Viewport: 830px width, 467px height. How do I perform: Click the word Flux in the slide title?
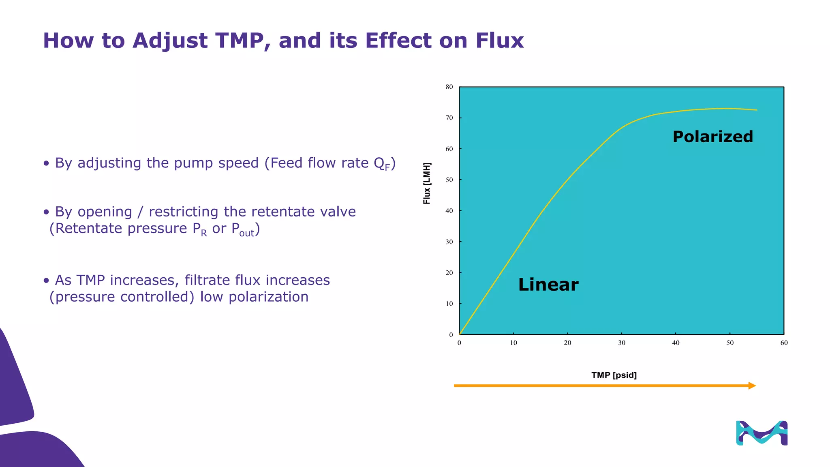pos(499,41)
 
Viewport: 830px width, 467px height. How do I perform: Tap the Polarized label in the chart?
pos(712,137)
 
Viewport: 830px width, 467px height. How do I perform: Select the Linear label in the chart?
pos(548,285)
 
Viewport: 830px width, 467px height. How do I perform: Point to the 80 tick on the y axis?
pos(449,87)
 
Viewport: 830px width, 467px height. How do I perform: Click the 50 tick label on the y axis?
pos(449,180)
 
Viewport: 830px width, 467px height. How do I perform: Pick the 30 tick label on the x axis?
pos(622,343)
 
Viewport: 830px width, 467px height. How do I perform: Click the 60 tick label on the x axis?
pos(784,343)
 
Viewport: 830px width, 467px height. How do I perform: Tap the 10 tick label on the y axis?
pos(449,304)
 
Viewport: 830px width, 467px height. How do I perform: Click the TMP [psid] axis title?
pos(614,375)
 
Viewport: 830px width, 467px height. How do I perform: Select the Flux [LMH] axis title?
pos(427,183)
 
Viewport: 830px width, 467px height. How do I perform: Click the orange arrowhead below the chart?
pos(752,386)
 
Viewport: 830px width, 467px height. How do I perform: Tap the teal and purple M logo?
pos(762,433)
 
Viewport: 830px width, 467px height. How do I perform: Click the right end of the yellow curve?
pos(756,110)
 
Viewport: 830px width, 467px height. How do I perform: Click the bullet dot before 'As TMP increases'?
pos(47,281)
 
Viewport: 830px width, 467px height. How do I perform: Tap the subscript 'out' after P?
pos(246,233)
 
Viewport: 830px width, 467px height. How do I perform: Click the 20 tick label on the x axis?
pos(567,343)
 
